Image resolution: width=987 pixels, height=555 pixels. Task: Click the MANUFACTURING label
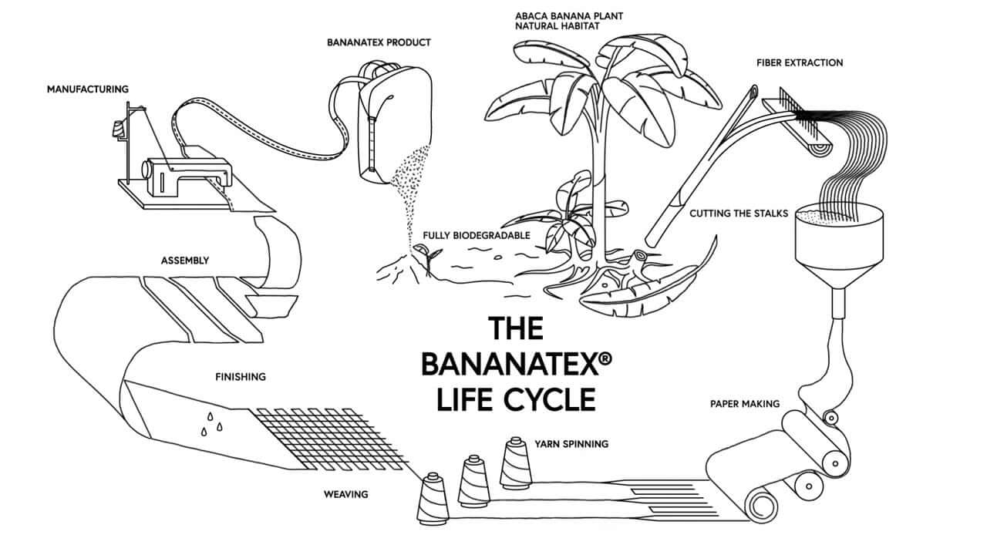coord(87,89)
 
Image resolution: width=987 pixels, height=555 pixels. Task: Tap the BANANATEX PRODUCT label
coord(379,42)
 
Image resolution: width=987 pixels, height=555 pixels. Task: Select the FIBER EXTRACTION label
coord(800,62)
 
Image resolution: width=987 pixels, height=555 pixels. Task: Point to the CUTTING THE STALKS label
coord(739,213)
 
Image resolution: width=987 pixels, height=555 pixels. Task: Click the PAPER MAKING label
coord(745,403)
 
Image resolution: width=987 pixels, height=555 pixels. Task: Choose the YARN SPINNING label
coord(571,444)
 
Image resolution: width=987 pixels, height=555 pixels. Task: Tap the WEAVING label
coord(345,493)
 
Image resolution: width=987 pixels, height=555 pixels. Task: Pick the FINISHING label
coord(240,377)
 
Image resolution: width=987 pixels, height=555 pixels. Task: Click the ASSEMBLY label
coord(184,261)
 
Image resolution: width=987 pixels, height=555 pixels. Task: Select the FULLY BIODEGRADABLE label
coord(477,234)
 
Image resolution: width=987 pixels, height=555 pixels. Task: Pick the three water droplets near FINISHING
coord(212,423)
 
